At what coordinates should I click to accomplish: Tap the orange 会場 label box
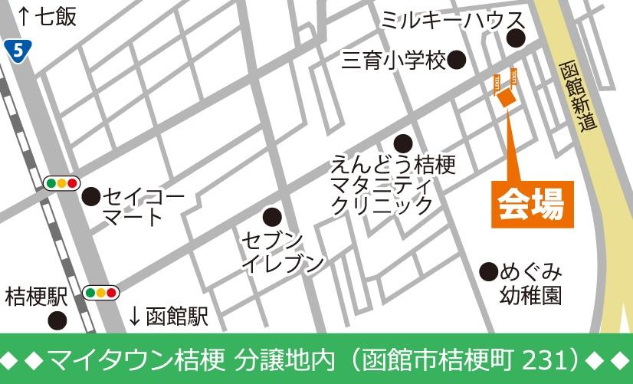click(x=532, y=204)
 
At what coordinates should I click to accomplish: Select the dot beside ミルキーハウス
click(x=517, y=39)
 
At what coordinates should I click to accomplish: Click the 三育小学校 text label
click(x=393, y=61)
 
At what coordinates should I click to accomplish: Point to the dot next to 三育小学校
click(x=458, y=61)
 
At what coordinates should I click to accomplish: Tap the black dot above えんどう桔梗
click(x=403, y=143)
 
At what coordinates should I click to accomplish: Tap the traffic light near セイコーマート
click(x=62, y=182)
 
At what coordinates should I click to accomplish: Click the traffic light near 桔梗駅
click(x=101, y=293)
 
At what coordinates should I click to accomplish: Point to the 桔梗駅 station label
click(x=36, y=294)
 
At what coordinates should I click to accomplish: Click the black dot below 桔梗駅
click(x=57, y=320)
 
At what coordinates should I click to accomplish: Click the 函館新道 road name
click(x=578, y=95)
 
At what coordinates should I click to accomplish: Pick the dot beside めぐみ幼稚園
click(x=488, y=271)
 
